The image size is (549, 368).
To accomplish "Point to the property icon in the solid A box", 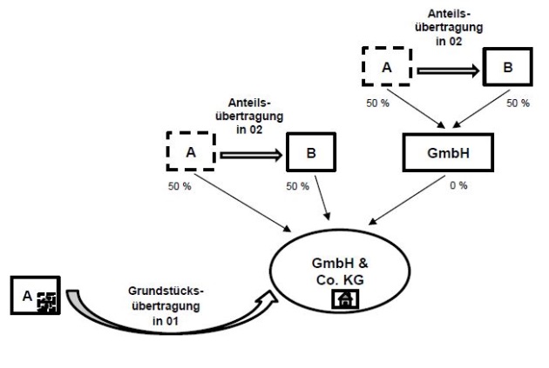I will tap(47, 302).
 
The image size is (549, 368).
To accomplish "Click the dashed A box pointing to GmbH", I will tap(386, 67).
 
